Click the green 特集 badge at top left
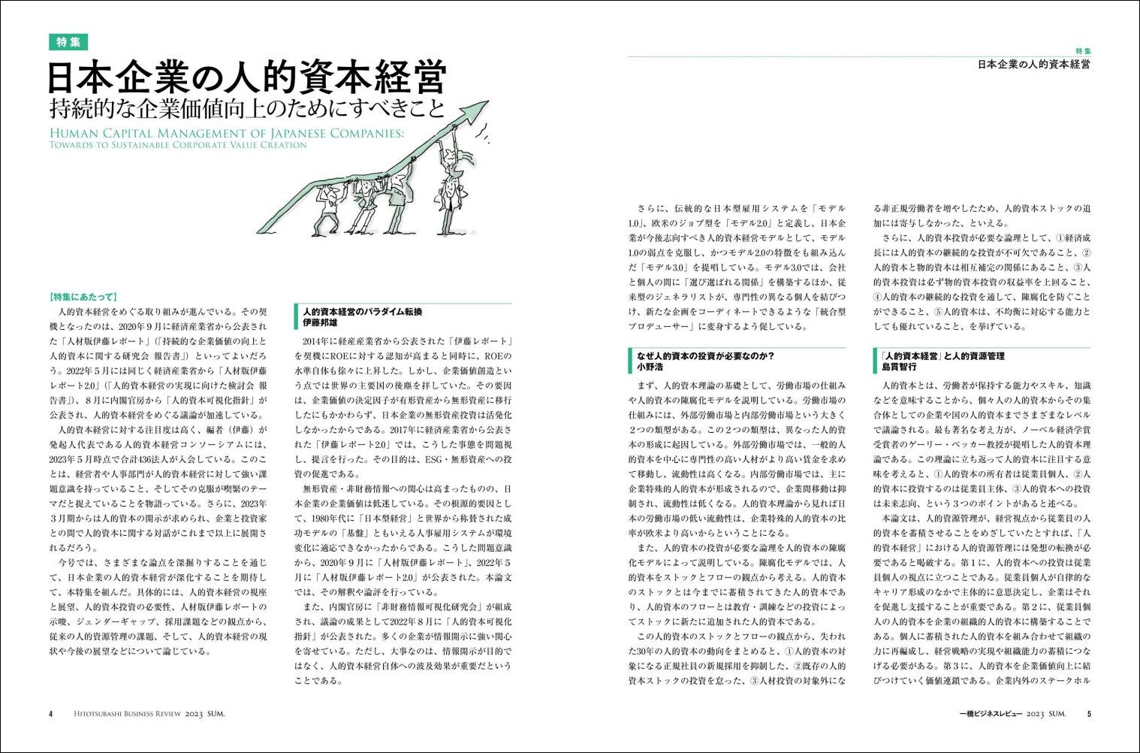[68, 42]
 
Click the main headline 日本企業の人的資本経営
[246, 77]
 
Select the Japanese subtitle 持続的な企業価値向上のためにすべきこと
[246, 109]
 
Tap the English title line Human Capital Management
[226, 133]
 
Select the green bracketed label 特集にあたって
[83, 297]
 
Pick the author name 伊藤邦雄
[320, 322]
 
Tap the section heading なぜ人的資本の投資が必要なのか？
[705, 355]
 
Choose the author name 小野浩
[650, 367]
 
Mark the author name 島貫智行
[899, 367]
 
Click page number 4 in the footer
[51, 714]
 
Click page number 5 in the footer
[1088, 714]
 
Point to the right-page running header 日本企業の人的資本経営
[1033, 65]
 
